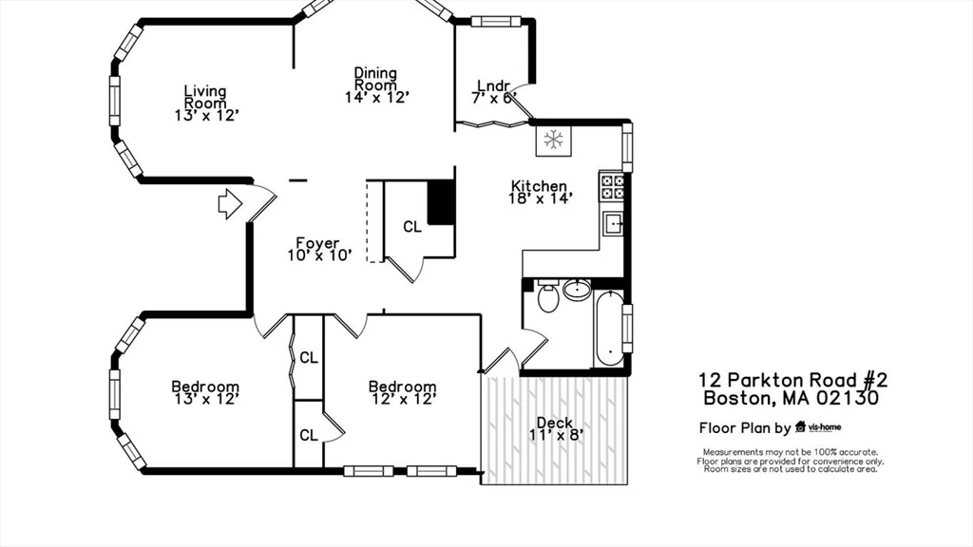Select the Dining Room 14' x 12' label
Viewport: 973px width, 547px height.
(x=376, y=85)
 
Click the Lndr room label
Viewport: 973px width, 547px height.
(x=494, y=91)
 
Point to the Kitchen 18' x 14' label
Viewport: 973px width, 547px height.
(x=540, y=193)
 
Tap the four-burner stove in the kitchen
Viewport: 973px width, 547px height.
(x=612, y=185)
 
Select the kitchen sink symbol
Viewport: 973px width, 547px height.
(x=613, y=224)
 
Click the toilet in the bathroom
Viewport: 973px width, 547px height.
(x=548, y=297)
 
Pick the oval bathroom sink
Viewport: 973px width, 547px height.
(x=577, y=289)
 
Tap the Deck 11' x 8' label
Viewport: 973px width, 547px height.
(x=554, y=429)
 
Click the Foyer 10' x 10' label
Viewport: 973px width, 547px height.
(x=319, y=249)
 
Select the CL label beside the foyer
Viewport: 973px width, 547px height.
(x=411, y=227)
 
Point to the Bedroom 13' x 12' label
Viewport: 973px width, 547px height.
(x=205, y=392)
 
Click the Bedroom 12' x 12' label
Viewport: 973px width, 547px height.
(x=402, y=392)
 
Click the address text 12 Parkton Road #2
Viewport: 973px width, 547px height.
(x=792, y=380)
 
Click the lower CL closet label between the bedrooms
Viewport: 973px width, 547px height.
(x=309, y=435)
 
